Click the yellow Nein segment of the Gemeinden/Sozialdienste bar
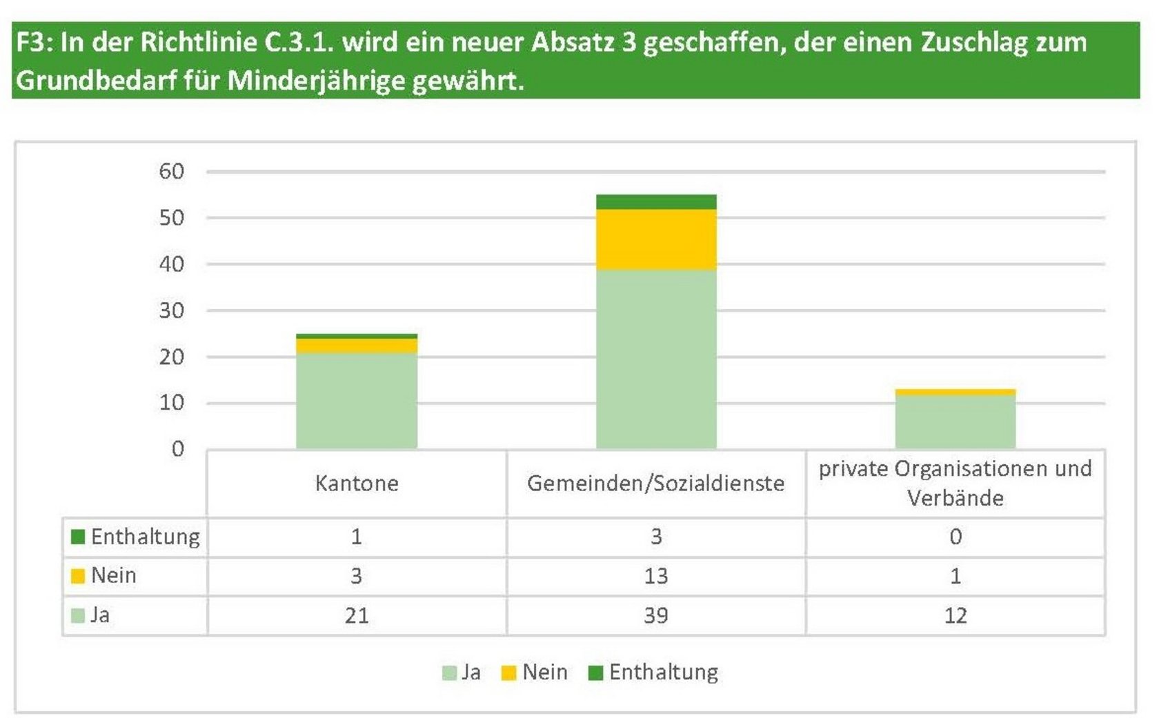[656, 239]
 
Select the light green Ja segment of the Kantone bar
[357, 401]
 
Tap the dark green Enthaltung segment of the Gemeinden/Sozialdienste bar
[656, 201]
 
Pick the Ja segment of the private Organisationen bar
[955, 421]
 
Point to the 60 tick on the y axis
[172, 171]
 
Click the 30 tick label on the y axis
[172, 310]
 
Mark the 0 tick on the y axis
[178, 449]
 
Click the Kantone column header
[357, 483]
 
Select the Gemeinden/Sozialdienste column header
[656, 483]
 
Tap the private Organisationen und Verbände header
[955, 483]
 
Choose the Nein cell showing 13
[656, 576]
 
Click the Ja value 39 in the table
[656, 615]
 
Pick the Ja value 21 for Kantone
[357, 615]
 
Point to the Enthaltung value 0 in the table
[955, 537]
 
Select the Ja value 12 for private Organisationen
[955, 615]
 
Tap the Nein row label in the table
[114, 575]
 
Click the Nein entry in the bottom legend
[544, 672]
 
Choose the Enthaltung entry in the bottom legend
[663, 672]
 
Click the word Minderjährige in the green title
[316, 81]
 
